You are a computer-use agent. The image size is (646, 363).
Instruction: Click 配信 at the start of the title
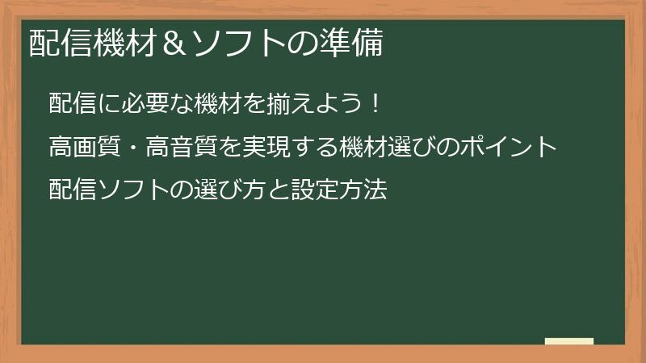coord(59,44)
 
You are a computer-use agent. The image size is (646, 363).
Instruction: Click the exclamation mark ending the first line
coord(372,105)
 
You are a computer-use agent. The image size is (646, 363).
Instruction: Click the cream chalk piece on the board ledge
coord(569,341)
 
